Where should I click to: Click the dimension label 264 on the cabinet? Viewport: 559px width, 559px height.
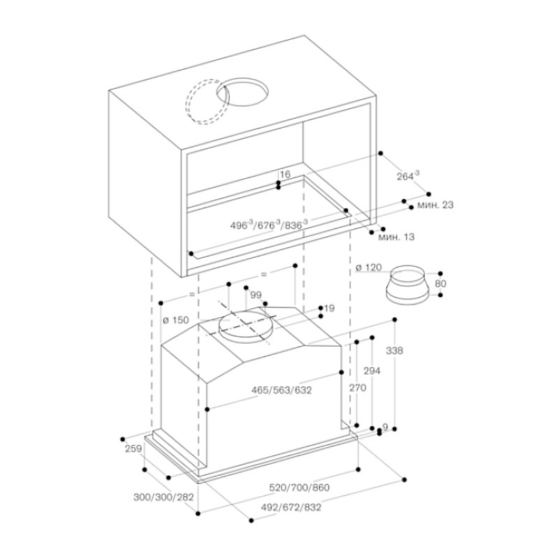(406, 177)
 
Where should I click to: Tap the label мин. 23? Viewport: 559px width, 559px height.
(435, 205)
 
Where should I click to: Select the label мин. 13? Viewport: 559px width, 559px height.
(396, 238)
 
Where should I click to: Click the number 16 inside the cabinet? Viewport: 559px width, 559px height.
(284, 174)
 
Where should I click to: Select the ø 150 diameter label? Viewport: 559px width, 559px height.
(175, 320)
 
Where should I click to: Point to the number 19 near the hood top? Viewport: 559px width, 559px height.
(330, 307)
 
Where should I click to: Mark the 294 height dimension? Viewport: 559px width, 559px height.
(372, 372)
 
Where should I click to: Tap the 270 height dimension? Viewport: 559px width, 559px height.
(357, 389)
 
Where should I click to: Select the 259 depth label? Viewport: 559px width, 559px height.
(133, 450)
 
